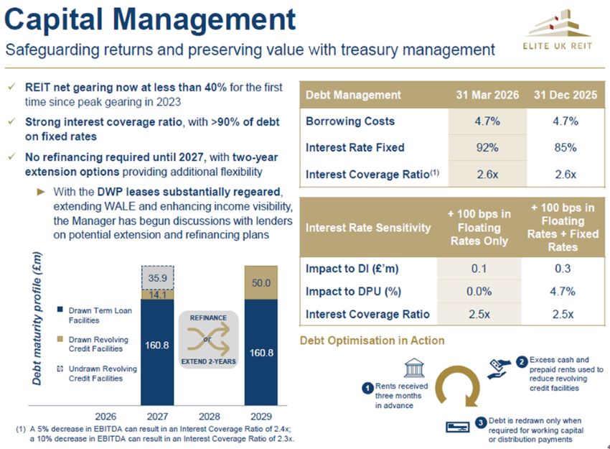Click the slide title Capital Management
point(150,19)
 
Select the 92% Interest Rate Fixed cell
point(487,148)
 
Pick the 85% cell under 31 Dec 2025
point(566,148)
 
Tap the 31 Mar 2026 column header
point(487,95)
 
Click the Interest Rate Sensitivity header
point(368,228)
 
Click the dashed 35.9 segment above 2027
point(156,278)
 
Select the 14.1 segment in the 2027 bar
point(156,294)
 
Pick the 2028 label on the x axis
point(208,416)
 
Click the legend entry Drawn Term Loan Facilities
point(100,315)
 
